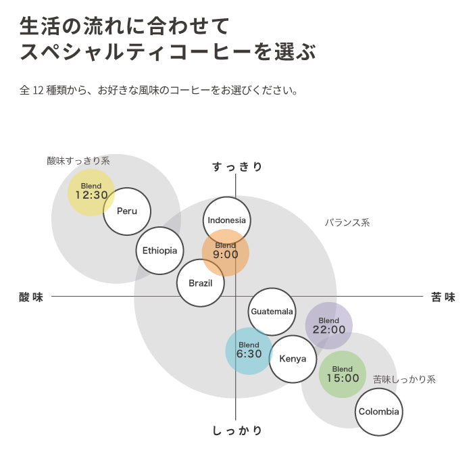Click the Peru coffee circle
coord(127,211)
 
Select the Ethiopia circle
coord(159,250)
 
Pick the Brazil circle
coord(200,283)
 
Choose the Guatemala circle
coord(272,312)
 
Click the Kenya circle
coord(293,359)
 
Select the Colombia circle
coord(378,412)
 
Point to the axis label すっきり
coord(236,166)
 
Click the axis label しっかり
coord(236,430)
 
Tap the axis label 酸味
coord(31,297)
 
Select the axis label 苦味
coord(443,297)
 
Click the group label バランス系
coord(347,222)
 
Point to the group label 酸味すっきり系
coord(78,161)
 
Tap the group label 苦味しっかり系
coord(404,380)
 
